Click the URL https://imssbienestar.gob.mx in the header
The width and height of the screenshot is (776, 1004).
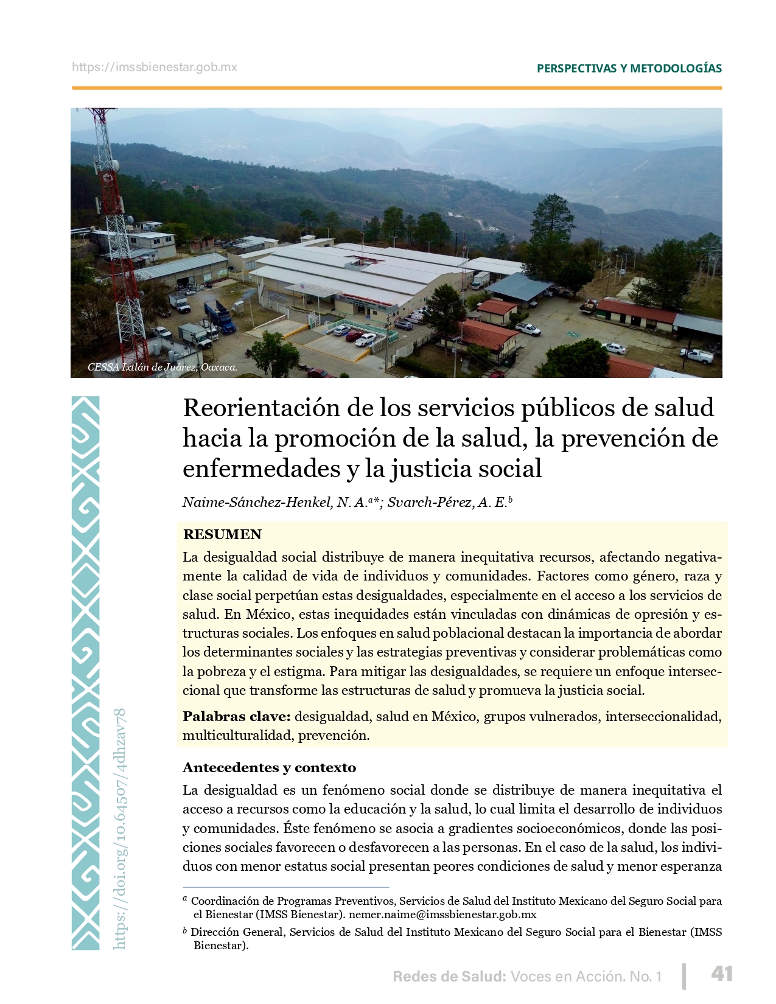coord(155,68)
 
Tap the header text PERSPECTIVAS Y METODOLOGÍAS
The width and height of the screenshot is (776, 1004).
coord(629,68)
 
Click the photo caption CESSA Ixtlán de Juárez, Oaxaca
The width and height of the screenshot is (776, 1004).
coord(163,368)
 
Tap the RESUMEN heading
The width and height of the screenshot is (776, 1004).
coord(222,534)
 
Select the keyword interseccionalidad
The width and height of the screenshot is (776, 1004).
coord(663,716)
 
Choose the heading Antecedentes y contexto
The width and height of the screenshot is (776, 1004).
coord(269,767)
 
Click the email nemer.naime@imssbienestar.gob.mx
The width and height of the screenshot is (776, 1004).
coord(442,914)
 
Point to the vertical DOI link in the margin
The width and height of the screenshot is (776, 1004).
coord(120,828)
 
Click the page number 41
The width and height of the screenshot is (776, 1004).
coord(722,974)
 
